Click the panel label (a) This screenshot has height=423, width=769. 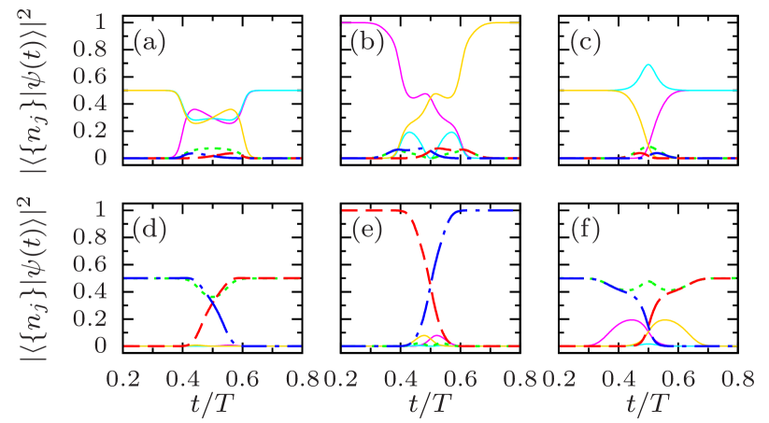(x=149, y=42)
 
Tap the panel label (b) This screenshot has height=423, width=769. (x=365, y=42)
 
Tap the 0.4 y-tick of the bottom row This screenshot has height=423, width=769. (x=96, y=291)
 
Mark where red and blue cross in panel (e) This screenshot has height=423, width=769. (x=432, y=276)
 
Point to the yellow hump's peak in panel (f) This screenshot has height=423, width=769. (x=666, y=319)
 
